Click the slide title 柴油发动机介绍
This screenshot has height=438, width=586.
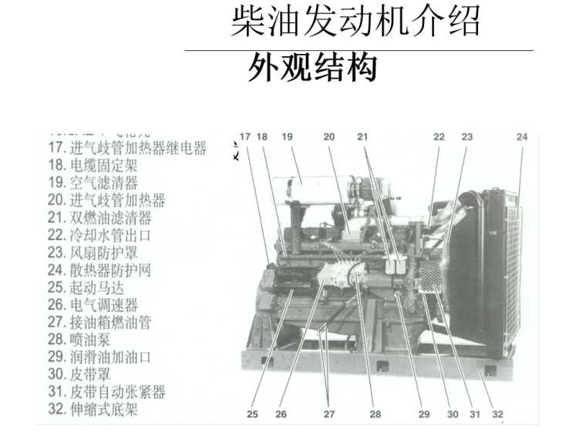[x=355, y=23]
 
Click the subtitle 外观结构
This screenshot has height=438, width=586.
[x=312, y=69]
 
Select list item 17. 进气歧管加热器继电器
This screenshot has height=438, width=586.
[x=127, y=148]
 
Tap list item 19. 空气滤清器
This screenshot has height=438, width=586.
[x=93, y=183]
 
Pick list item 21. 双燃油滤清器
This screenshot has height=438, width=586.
[x=99, y=217]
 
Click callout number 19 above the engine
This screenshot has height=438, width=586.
[x=287, y=137]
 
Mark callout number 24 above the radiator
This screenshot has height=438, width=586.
[x=522, y=137]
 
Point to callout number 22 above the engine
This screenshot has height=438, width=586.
[x=439, y=137]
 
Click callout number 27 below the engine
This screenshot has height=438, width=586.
[x=329, y=414]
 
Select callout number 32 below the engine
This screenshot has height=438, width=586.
[x=497, y=414]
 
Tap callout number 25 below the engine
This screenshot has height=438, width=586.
[x=252, y=414]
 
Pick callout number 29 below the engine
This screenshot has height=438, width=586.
[x=424, y=414]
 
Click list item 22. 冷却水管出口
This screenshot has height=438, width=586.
[x=99, y=234]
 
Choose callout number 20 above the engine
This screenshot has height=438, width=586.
[x=329, y=137]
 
